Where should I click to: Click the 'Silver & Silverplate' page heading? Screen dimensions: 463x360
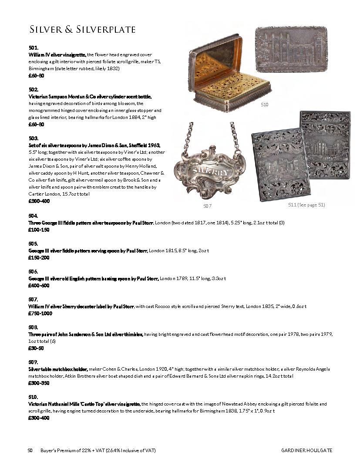(x=82, y=30)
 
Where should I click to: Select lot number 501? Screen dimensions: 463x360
(x=34, y=48)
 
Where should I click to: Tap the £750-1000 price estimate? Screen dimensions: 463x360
(x=40, y=313)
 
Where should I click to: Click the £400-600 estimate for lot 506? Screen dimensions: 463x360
(x=39, y=285)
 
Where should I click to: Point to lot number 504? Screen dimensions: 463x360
(x=34, y=216)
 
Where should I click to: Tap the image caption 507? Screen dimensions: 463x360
(x=208, y=206)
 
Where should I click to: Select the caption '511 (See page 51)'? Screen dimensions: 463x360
(x=306, y=205)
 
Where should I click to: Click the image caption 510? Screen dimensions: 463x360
(x=265, y=105)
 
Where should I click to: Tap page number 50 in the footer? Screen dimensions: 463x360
(x=30, y=450)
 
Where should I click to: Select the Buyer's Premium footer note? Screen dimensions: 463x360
(x=98, y=450)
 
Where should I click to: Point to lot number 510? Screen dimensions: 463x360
(x=34, y=397)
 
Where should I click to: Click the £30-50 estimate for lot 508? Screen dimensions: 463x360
(x=36, y=348)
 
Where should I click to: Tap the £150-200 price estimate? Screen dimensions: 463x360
(x=39, y=257)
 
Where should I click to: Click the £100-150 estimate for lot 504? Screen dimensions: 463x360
(x=39, y=230)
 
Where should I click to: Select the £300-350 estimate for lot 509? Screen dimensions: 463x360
(x=39, y=383)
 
